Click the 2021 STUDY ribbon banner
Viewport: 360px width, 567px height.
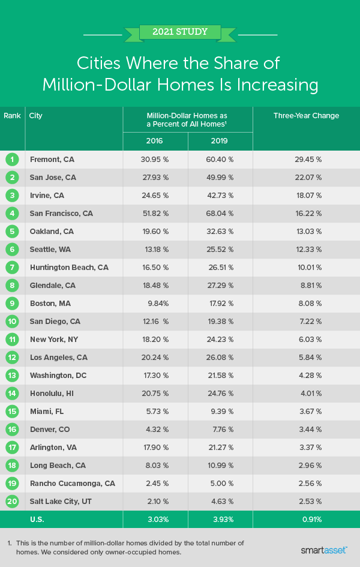179,31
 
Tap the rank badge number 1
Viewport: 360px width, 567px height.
12,160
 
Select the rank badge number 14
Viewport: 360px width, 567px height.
12,394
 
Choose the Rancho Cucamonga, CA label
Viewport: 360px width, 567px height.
73,484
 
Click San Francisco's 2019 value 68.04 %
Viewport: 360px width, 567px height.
220,214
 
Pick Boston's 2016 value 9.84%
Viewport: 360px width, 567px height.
155,304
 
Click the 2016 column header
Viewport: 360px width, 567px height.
155,141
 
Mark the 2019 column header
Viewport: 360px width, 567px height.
220,141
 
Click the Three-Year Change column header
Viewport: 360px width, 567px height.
306,116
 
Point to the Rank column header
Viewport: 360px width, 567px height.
12,116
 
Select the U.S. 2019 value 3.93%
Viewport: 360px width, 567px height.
220,520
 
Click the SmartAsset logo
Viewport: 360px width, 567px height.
324,549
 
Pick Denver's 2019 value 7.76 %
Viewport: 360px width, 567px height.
220,430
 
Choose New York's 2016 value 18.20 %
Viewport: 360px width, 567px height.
155,340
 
